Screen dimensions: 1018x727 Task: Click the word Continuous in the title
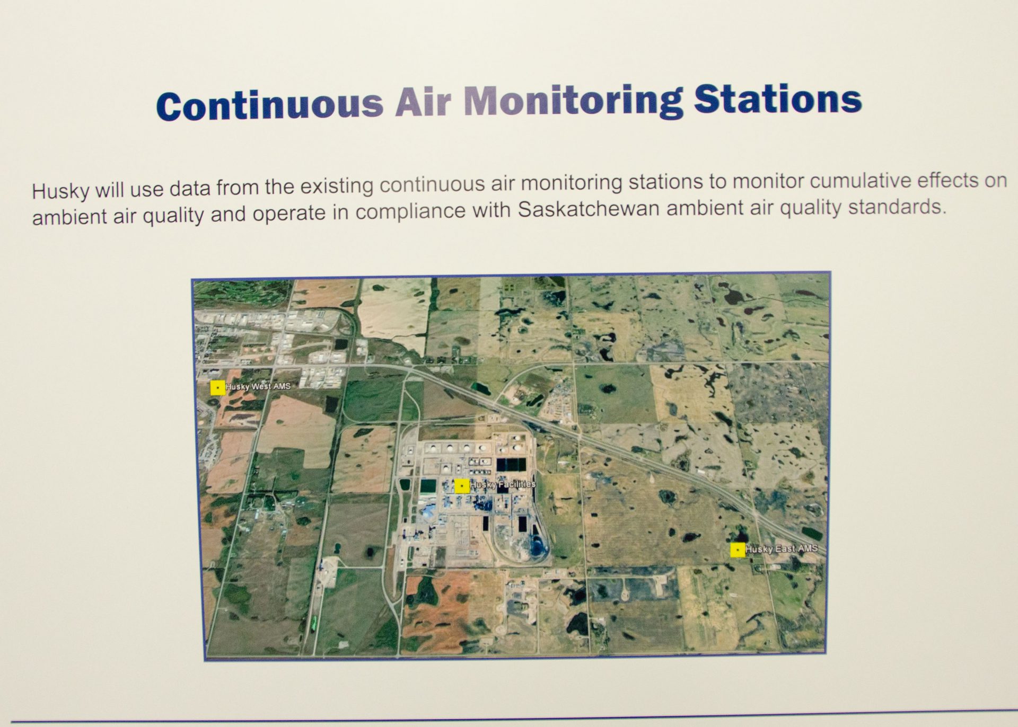click(269, 105)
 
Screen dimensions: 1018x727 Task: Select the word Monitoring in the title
click(573, 100)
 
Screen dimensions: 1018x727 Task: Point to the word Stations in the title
click(778, 99)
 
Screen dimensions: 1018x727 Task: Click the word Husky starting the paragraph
click(60, 191)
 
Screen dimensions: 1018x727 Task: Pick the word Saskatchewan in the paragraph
click(589, 209)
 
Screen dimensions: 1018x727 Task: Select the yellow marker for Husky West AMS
click(217, 388)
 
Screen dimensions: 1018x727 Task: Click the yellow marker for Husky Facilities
click(462, 486)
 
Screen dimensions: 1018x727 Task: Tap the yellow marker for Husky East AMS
click(738, 550)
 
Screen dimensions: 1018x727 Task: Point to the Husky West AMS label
click(258, 387)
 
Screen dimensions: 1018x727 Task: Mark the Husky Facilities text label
click(503, 484)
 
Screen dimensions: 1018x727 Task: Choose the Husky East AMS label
click(782, 549)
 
